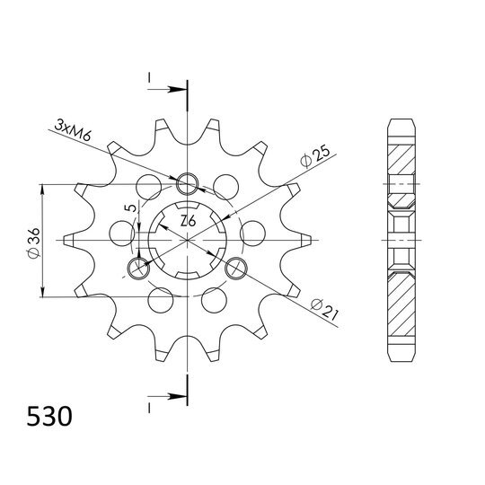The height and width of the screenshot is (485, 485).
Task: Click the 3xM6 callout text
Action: [x=73, y=130]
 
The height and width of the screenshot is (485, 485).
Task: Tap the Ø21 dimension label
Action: [x=325, y=310]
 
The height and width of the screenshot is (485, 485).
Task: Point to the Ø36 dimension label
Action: [x=33, y=243]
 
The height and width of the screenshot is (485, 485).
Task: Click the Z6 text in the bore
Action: [x=188, y=221]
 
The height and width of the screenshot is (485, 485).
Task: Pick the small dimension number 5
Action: [x=131, y=207]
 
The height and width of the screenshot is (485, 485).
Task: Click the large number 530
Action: [x=49, y=417]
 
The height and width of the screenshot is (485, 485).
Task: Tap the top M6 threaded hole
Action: [x=187, y=183]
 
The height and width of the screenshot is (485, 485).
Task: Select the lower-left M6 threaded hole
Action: [x=139, y=268]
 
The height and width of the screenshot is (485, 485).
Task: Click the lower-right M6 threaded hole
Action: [x=236, y=268]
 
